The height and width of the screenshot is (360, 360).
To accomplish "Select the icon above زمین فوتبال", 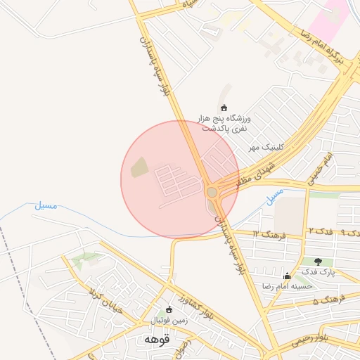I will [x=169, y=309].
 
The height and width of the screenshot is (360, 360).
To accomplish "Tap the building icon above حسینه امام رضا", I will [x=286, y=276].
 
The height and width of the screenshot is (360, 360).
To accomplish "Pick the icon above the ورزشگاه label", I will [x=224, y=108].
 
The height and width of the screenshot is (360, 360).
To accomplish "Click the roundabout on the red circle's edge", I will [x=212, y=192].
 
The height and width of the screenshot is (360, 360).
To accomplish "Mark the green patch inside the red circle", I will [x=139, y=167].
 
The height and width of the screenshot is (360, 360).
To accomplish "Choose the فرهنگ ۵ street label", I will [x=326, y=301].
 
